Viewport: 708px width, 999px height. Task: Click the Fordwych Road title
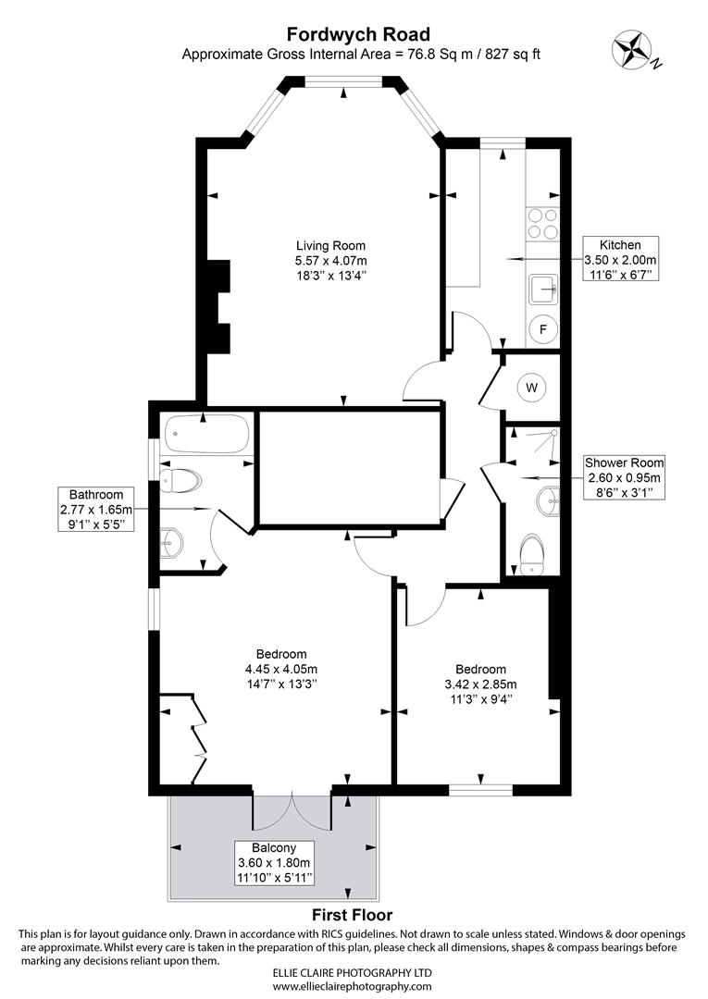pos(358,34)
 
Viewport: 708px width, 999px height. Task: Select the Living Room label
pos(330,245)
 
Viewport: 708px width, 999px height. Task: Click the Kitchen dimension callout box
pos(620,259)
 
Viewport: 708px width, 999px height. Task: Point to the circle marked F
pos(543,329)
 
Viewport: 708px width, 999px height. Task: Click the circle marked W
pos(532,387)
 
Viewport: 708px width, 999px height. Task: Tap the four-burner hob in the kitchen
pos(542,224)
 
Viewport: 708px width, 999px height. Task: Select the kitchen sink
pos(542,290)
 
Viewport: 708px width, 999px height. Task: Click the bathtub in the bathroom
pos(206,435)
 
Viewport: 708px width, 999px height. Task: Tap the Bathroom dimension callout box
pos(96,510)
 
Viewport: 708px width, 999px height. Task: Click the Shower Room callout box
pos(625,477)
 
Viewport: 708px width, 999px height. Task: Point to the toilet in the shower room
pos(531,554)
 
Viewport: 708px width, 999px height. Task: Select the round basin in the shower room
pos(547,500)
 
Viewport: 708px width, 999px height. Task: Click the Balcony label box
pos(274,863)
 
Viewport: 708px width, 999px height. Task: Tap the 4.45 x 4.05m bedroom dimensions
pos(281,669)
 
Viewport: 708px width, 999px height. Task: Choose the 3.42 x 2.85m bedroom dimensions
pos(480,684)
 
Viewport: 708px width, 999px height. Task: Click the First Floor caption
pos(352,915)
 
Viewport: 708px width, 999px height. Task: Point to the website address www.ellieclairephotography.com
pos(352,986)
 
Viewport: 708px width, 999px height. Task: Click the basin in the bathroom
pos(171,542)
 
